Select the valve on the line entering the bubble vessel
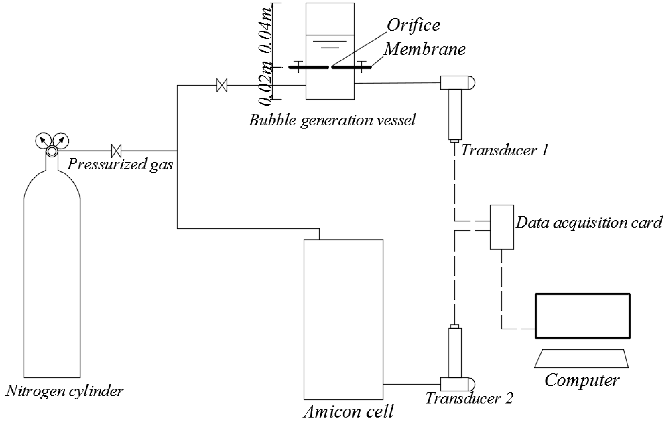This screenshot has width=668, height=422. click(222, 85)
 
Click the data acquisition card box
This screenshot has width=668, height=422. click(502, 227)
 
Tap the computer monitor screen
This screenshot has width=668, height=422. click(583, 316)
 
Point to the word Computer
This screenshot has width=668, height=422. click(582, 380)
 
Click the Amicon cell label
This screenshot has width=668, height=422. click(348, 412)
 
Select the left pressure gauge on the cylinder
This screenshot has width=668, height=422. click(43, 141)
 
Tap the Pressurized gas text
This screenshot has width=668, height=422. click(120, 164)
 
